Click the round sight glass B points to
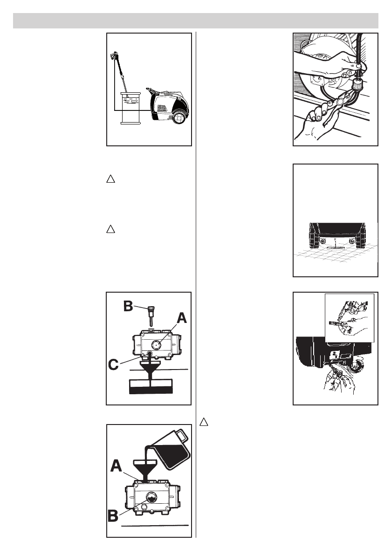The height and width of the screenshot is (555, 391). (152, 496)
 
